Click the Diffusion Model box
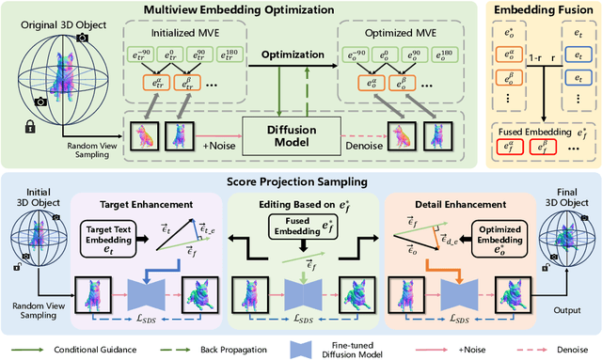pos(276,131)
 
